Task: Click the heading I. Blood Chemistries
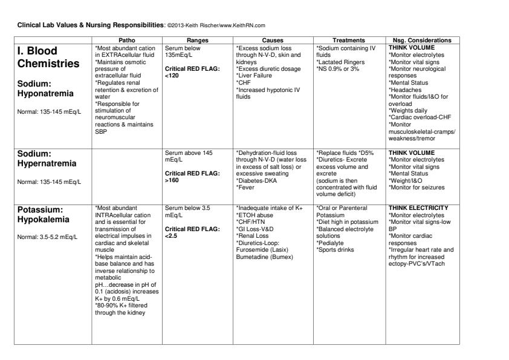coord(48,57)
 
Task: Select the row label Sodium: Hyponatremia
coord(45,88)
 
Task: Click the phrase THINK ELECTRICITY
coord(419,208)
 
